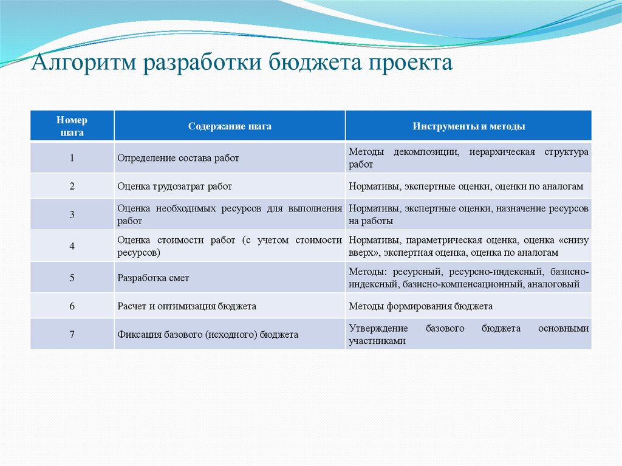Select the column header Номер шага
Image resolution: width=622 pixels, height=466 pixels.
(x=72, y=126)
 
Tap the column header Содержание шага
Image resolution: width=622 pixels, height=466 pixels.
(x=230, y=126)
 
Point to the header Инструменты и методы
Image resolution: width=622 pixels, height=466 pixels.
(x=469, y=126)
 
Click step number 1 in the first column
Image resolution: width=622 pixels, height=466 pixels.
(x=72, y=157)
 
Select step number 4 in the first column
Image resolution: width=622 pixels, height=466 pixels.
(x=72, y=246)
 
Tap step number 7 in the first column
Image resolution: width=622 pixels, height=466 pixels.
(x=72, y=334)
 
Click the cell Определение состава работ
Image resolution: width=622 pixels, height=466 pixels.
(x=178, y=158)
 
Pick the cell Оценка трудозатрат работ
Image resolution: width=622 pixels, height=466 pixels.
(x=174, y=187)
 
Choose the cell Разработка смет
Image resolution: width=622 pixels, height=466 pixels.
(x=153, y=278)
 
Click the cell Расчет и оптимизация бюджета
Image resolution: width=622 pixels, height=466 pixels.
(x=186, y=306)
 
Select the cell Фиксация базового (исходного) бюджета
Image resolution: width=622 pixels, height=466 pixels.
(x=208, y=334)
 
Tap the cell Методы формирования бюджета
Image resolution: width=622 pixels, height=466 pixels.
(x=420, y=306)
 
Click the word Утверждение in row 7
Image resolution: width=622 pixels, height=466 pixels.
(x=374, y=328)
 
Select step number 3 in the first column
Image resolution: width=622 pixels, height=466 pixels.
(x=72, y=214)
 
